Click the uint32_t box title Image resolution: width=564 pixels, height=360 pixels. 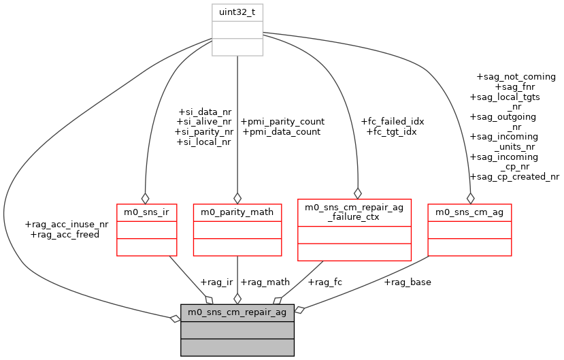(x=237, y=12)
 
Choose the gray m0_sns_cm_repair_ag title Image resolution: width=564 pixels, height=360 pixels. (x=237, y=312)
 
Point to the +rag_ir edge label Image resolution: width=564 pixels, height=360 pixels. (x=216, y=282)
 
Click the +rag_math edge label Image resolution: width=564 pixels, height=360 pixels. (x=265, y=282)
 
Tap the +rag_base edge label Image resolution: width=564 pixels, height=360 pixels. (x=408, y=282)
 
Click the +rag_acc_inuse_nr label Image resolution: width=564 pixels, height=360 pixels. (x=66, y=224)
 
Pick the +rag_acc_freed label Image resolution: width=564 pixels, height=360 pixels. (x=65, y=234)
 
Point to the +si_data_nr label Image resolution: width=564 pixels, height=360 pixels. (x=204, y=112)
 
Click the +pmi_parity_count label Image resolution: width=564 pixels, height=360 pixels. (x=282, y=122)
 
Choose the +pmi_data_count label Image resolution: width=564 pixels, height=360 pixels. (x=281, y=132)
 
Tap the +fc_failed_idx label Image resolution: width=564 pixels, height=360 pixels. (x=393, y=122)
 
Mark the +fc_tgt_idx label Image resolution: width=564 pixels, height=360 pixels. (x=391, y=132)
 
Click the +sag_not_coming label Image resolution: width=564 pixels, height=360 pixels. (x=516, y=77)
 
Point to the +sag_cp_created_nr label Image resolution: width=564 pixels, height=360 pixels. (x=514, y=177)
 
